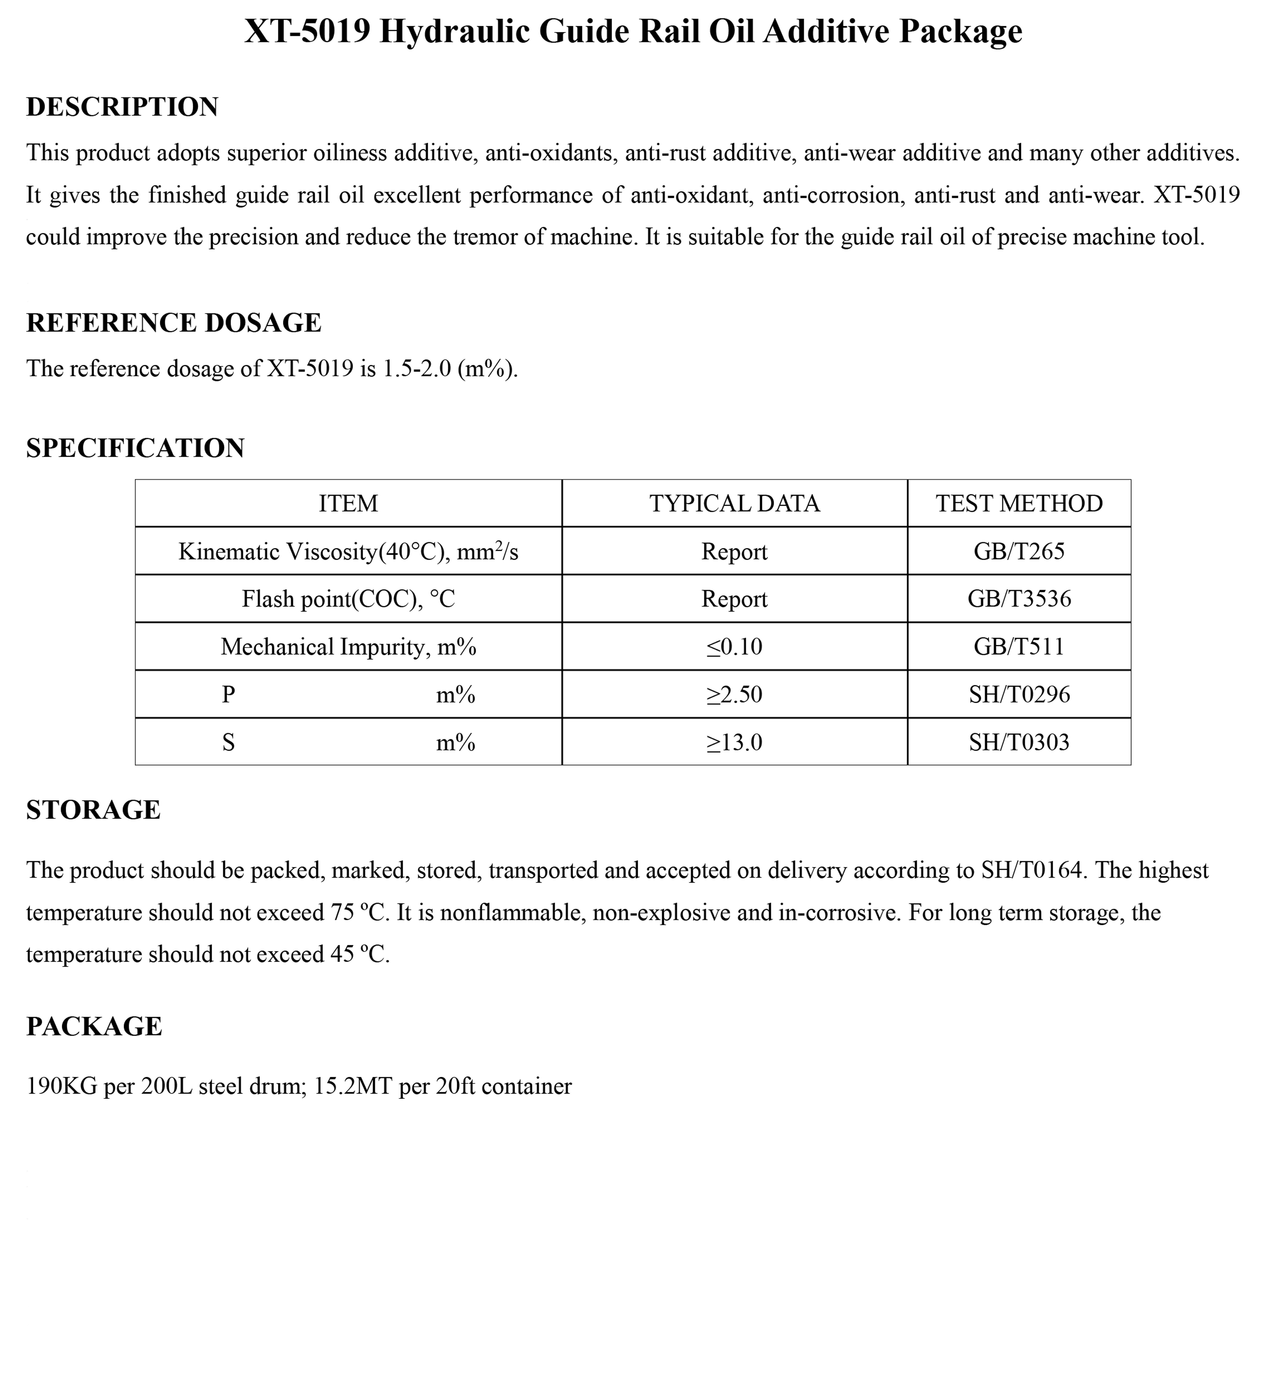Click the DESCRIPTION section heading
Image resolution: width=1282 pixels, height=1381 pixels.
pyautogui.click(x=122, y=107)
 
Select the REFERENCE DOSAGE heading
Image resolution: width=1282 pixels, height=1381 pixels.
pyautogui.click(x=173, y=323)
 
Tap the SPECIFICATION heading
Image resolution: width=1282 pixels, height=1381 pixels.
pyautogui.click(x=135, y=449)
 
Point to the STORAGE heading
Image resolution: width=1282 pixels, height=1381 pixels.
pyautogui.click(x=93, y=810)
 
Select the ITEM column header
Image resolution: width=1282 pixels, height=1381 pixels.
pyautogui.click(x=348, y=503)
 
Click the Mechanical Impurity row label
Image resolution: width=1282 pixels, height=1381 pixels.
pyautogui.click(x=348, y=647)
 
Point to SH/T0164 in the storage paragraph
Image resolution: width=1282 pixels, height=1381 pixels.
pyautogui.click(x=1031, y=870)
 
